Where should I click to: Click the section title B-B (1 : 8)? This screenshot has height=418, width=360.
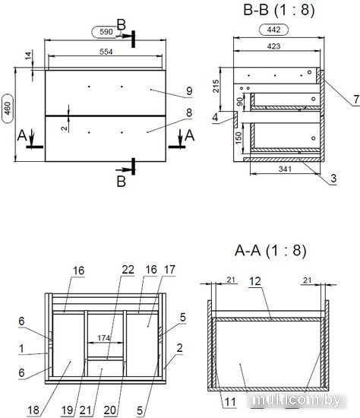point(279,10)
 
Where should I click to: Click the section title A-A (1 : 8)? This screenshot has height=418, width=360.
point(270,251)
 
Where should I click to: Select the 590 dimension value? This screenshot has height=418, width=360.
point(106,32)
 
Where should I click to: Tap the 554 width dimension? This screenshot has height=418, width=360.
point(106,52)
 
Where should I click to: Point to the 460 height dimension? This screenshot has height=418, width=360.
point(8,108)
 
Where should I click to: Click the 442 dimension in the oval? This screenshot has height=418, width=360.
point(273,30)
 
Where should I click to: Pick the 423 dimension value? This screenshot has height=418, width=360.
point(273,46)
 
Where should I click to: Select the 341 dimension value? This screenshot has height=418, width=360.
point(285,169)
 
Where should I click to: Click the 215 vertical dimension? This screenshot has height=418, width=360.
point(216,86)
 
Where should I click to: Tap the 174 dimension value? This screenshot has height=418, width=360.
point(103,338)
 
